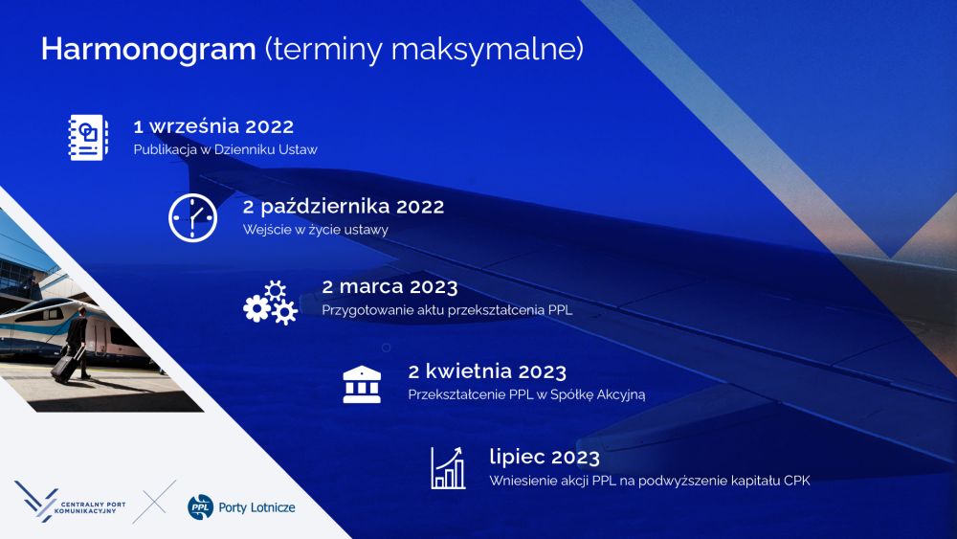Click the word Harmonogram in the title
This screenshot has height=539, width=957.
coord(148,50)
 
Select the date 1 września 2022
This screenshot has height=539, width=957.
coord(213,126)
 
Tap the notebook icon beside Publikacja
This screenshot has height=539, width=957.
coord(88,137)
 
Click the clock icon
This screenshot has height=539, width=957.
coord(193,218)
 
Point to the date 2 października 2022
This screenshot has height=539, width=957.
coord(344,207)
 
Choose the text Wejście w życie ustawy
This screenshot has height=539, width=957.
coord(316,230)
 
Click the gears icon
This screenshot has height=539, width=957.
coord(271,303)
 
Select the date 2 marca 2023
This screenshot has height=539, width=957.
coord(389,286)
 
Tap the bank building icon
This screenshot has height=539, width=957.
coord(362,385)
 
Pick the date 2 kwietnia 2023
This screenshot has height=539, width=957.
coord(487,371)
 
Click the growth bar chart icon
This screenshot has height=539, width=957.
coord(448,468)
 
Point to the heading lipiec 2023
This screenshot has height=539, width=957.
coord(545,457)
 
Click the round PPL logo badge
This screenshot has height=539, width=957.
coord(200,507)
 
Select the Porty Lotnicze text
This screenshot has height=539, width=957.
coord(256,507)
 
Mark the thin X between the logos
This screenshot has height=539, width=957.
coord(154,502)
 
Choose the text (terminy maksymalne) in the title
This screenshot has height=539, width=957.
coord(424,50)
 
